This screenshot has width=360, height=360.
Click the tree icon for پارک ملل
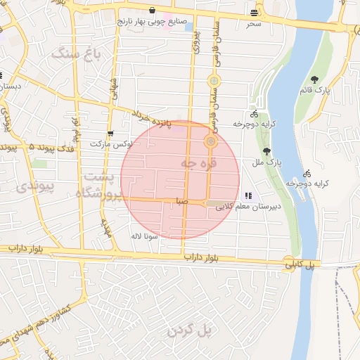tap(266, 151)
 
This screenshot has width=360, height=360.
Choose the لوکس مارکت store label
tap(105, 143)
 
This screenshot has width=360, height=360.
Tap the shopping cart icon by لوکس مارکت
tap(110, 133)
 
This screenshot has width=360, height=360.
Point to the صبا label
tap(182, 201)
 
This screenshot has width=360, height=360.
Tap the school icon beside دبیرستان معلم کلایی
tap(247, 195)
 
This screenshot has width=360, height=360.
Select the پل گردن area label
tap(197, 329)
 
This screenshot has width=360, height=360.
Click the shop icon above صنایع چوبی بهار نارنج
tap(153, 11)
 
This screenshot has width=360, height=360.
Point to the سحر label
tap(254, 24)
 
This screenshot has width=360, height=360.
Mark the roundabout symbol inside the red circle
tap(210, 142)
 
